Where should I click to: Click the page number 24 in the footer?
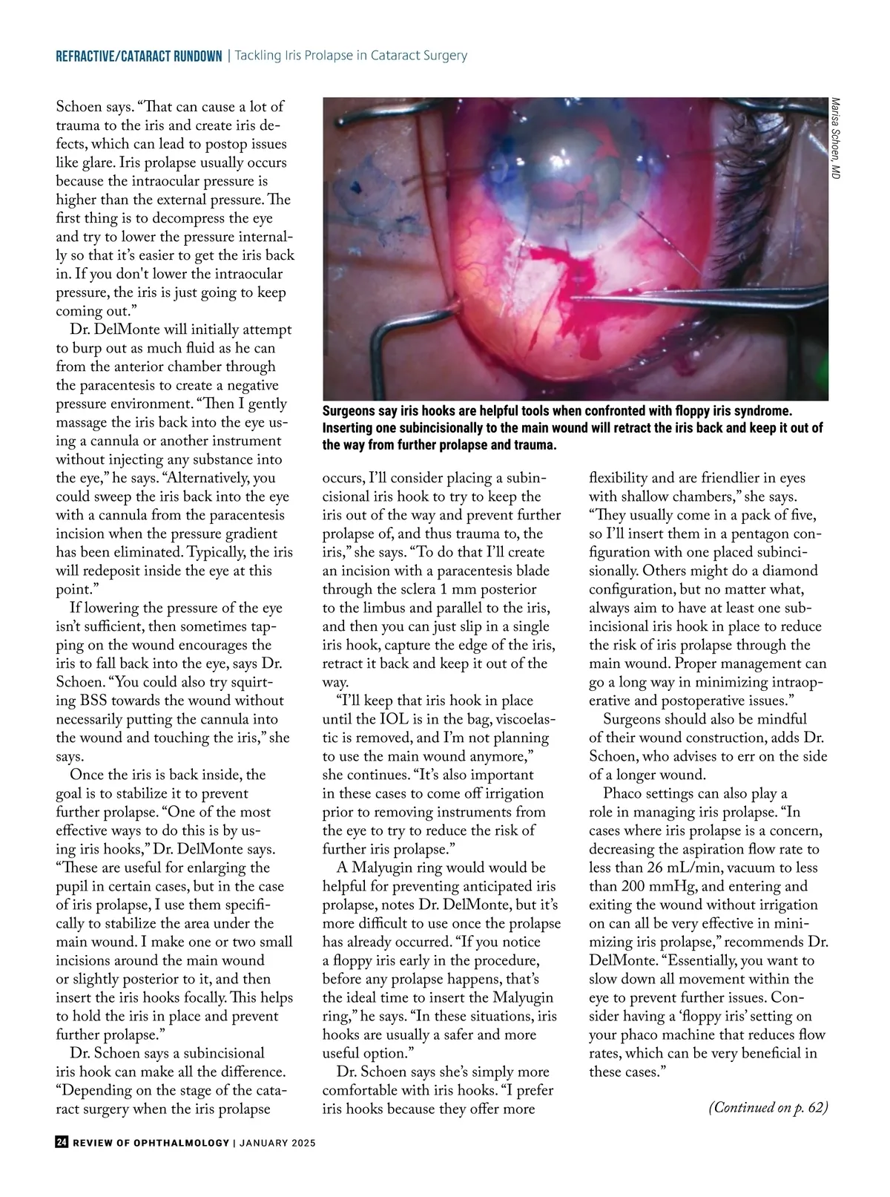62,1143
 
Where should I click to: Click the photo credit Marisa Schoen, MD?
835,139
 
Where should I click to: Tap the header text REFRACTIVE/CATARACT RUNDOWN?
139,56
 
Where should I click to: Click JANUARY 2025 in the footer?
277,1143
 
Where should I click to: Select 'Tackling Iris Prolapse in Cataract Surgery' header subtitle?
351,56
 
